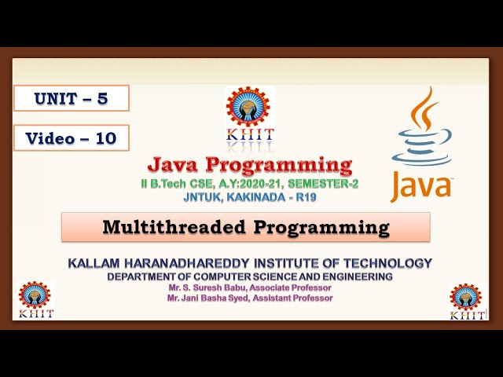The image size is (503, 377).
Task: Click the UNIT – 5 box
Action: point(71,98)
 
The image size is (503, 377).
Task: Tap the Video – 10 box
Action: point(71,138)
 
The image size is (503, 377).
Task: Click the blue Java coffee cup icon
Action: point(421,130)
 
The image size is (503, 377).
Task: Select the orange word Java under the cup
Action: point(421,187)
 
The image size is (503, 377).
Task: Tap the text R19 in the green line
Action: point(308,196)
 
